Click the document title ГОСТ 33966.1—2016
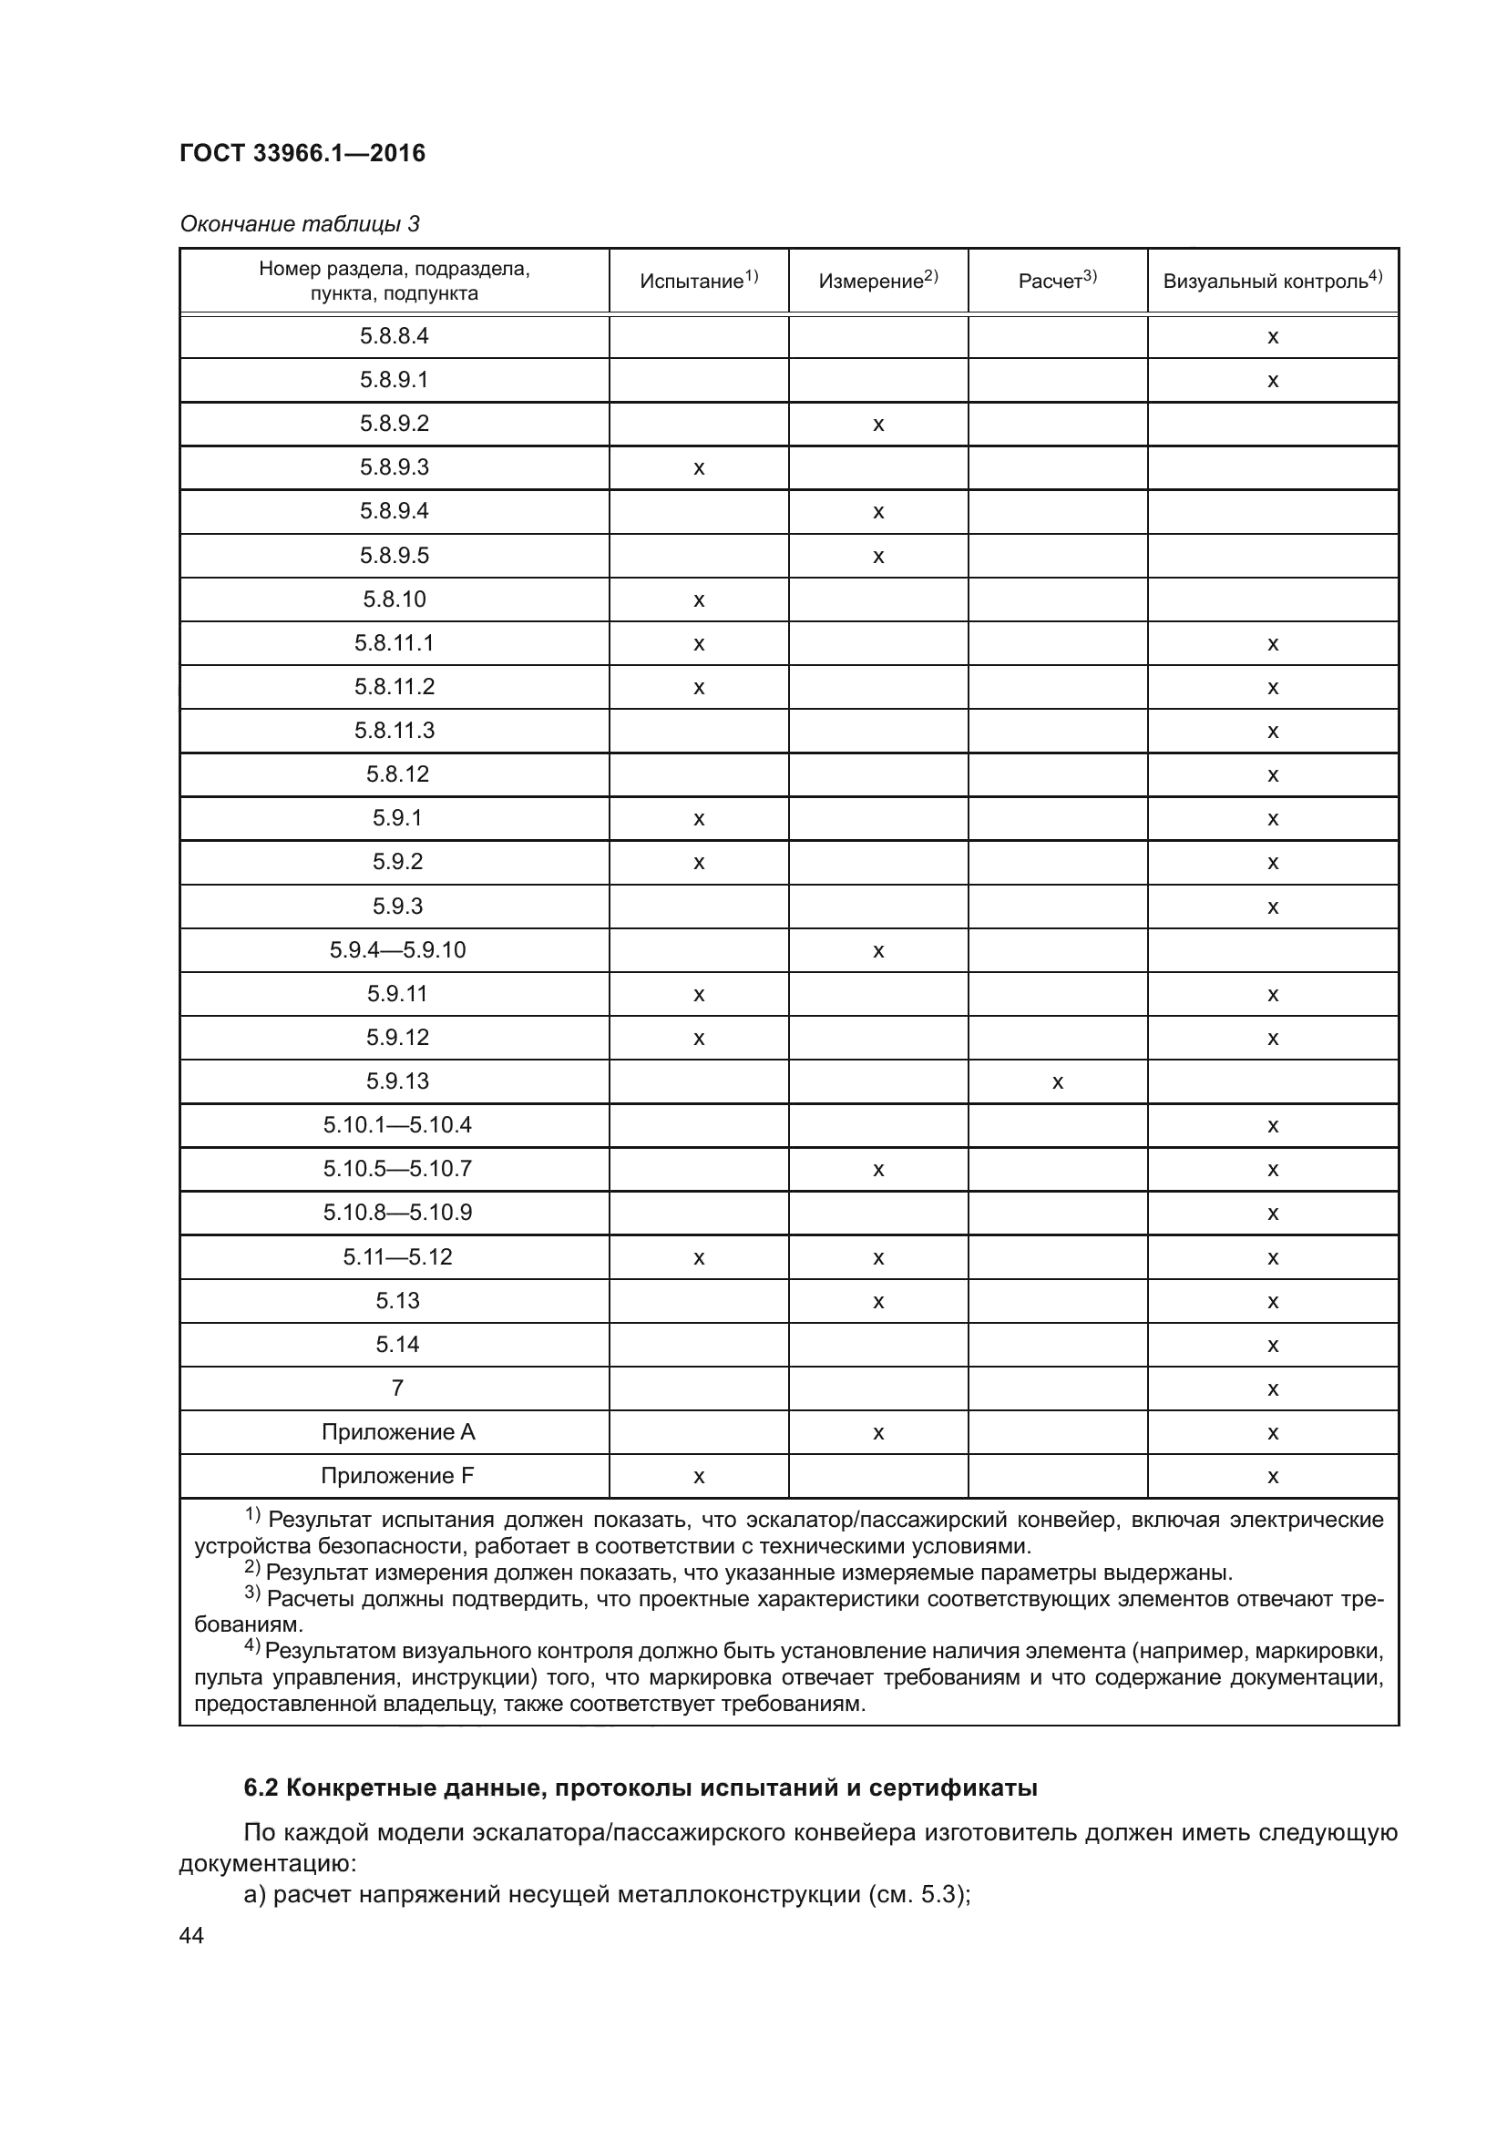pos(302,153)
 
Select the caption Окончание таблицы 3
pos(299,224)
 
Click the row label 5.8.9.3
pos(395,466)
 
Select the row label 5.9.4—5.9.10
pos(397,949)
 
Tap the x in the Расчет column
pos(1057,1082)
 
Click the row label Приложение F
pos(397,1476)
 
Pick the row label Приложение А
pos(397,1432)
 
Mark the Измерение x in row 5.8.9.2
pos(877,425)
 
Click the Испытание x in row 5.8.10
pos(699,600)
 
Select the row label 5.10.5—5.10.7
pos(397,1169)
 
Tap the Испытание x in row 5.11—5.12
pos(699,1258)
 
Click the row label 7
pos(397,1388)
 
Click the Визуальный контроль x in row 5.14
pos(1272,1346)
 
